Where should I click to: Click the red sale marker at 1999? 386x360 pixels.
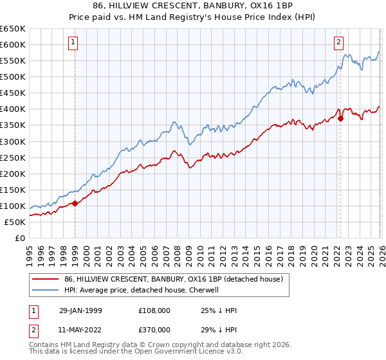coord(75,203)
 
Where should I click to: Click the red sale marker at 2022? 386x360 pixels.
coord(340,118)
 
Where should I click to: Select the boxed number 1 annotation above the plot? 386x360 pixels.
coord(73,43)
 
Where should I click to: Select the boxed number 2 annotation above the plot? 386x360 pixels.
coord(338,43)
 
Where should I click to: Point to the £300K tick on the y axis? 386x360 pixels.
coord(13,141)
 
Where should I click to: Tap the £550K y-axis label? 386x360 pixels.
coord(13,61)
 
